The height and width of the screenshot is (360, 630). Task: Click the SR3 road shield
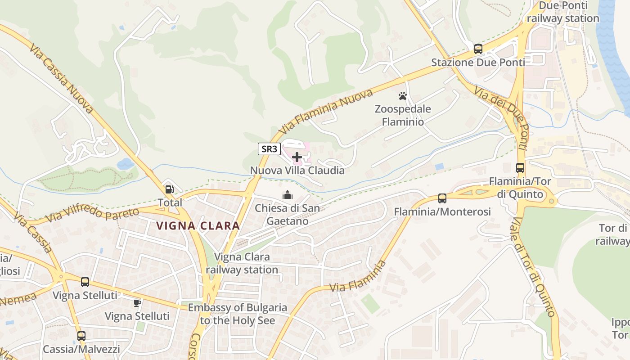(x=269, y=149)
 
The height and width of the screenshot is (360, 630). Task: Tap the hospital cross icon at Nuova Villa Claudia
(x=297, y=157)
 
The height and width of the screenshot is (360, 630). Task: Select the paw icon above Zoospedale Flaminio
(x=403, y=96)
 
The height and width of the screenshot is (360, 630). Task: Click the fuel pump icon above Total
(x=170, y=189)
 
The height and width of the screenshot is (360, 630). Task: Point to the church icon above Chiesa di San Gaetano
(x=287, y=195)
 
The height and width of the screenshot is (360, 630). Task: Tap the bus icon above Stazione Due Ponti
(x=478, y=49)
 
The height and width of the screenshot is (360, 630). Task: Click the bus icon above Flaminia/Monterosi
(x=442, y=198)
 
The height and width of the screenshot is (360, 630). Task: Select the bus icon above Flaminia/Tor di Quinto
(x=520, y=168)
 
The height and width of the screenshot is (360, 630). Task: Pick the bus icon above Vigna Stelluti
(x=85, y=282)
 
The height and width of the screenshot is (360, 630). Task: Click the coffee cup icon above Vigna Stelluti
(x=137, y=303)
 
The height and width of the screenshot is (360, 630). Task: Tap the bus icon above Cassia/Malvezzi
(x=81, y=336)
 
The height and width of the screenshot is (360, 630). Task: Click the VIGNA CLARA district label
(x=198, y=226)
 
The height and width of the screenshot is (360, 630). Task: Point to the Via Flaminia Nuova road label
(x=326, y=111)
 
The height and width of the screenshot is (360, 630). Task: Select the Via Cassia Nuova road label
(x=62, y=78)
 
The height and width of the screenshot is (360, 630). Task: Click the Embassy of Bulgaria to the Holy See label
(x=237, y=314)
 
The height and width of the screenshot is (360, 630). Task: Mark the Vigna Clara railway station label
(x=242, y=263)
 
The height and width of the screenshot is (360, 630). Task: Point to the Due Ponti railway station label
(x=563, y=12)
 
